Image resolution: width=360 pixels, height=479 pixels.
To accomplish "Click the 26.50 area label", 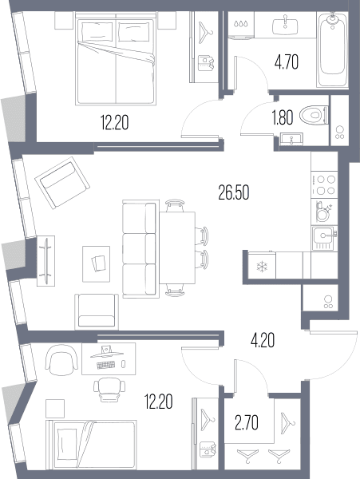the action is click(234, 192).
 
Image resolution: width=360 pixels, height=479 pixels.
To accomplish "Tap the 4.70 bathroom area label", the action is click(287, 62).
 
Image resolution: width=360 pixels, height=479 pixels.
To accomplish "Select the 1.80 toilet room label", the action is click(283, 118).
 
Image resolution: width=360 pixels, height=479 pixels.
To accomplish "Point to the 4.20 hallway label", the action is click(263, 340).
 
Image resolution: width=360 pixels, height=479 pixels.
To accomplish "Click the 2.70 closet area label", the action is click(247, 423).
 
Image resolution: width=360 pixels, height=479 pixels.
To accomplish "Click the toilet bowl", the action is click(314, 116).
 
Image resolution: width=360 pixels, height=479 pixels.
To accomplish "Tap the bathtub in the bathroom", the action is click(333, 50).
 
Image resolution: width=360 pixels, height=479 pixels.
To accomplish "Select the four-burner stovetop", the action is click(324, 185).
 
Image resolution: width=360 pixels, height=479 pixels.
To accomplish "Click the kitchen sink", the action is click(324, 239).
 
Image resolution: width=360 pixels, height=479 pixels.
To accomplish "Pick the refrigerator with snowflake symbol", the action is click(262, 266).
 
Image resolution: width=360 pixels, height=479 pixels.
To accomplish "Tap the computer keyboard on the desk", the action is click(106, 365).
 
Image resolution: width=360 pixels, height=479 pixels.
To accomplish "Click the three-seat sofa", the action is click(140, 249).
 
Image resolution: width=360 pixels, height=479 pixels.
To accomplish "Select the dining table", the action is click(177, 247).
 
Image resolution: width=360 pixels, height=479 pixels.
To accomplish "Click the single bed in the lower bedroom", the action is click(91, 445).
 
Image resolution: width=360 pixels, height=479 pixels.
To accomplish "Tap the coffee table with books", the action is click(96, 264).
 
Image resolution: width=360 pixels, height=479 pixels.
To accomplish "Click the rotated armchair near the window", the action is click(62, 183).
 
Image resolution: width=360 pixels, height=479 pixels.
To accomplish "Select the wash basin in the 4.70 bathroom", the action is click(285, 26).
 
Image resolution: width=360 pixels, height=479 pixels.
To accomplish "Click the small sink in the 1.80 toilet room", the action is click(291, 139).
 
